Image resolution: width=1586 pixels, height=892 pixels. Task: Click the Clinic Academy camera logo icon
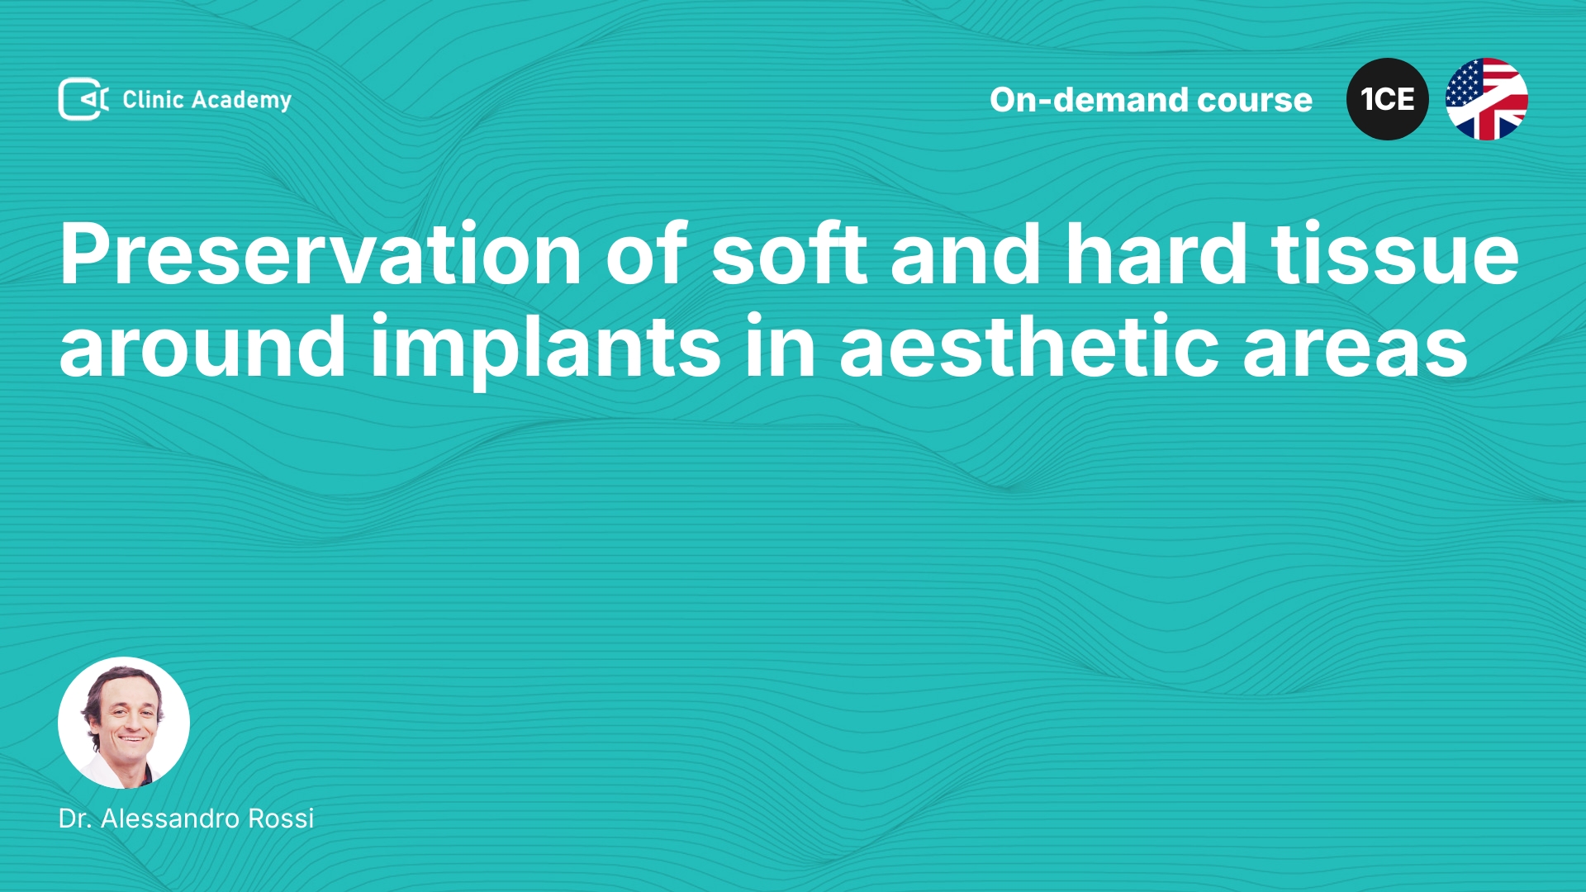[83, 99]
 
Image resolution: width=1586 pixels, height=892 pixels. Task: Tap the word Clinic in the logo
[153, 99]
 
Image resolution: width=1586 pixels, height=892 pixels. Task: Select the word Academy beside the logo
[241, 101]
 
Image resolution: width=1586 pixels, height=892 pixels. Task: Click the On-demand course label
[1151, 100]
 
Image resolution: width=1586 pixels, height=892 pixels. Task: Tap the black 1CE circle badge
[1388, 99]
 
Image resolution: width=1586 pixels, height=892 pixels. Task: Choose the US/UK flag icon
[1487, 99]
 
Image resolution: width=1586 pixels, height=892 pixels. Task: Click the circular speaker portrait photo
[124, 723]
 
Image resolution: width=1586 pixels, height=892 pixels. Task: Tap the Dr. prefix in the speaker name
[75, 818]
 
